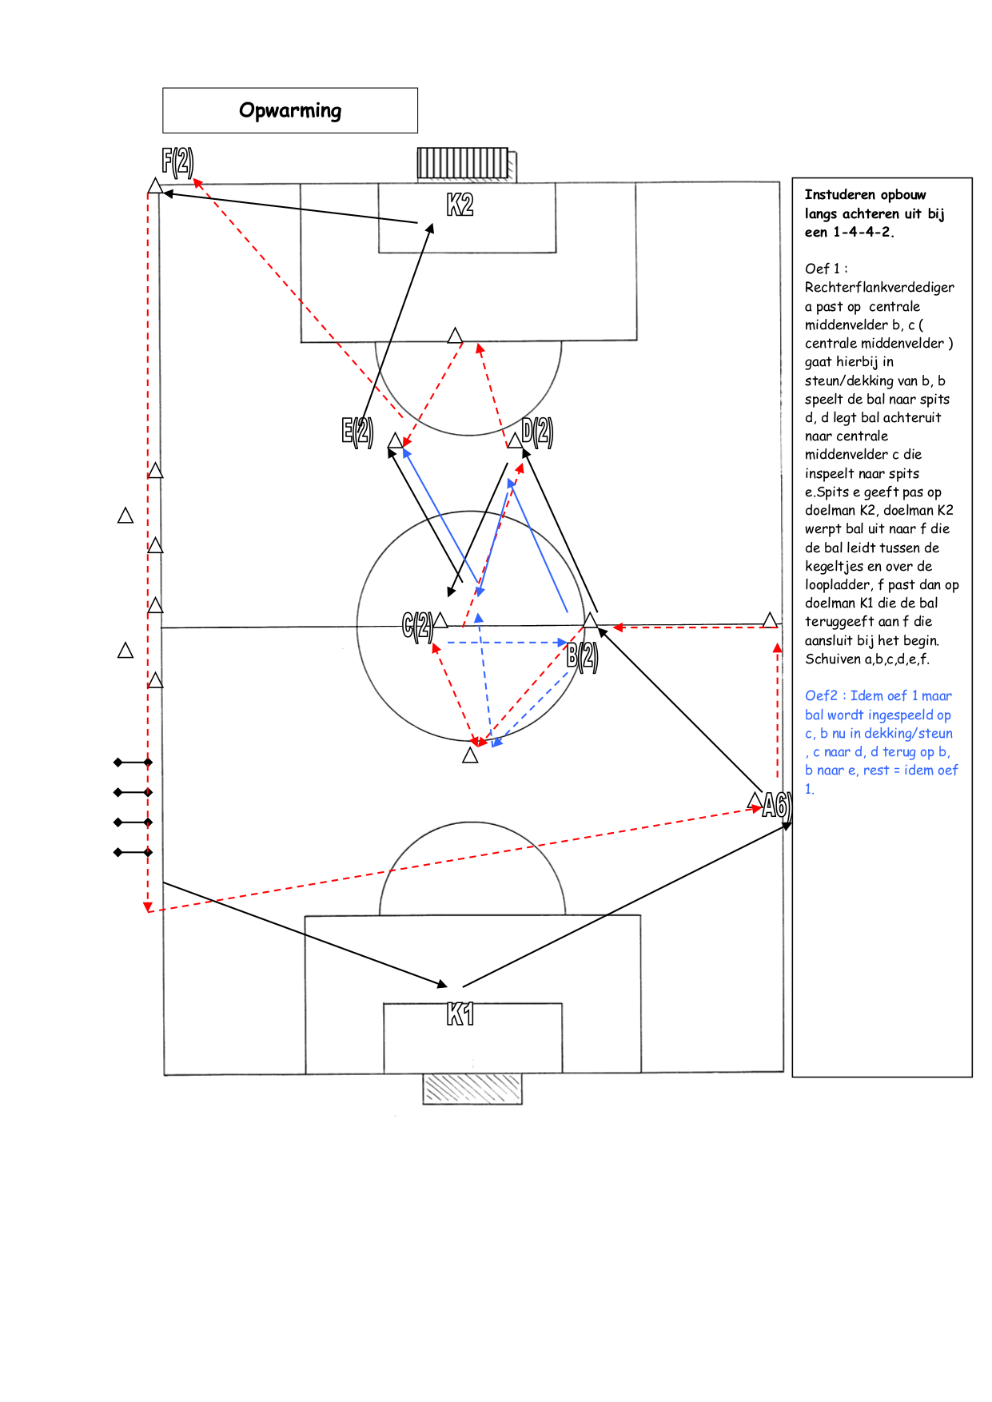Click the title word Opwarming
coord(290,110)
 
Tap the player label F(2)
coord(177,161)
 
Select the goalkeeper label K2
coord(460,205)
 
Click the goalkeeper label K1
coord(460,1014)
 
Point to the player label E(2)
coord(357,432)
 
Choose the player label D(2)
coord(537,432)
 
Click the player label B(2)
coord(582,656)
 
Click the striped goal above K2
coord(463,163)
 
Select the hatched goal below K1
coord(472,1089)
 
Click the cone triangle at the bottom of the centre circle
coord(470,755)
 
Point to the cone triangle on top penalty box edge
coord(455,335)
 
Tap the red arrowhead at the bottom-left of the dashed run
coord(148,907)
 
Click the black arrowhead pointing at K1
coord(443,984)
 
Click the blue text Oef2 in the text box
coord(821,695)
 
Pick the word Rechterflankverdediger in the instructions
coord(879,287)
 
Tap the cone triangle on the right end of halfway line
coord(770,619)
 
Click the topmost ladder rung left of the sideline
coord(133,763)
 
